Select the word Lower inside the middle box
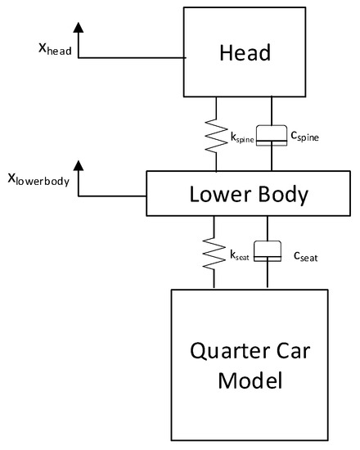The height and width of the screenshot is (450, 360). (214, 195)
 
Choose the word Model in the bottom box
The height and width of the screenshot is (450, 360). (255, 382)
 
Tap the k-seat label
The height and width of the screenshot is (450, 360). (239, 257)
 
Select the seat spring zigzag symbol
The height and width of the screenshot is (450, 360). (214, 251)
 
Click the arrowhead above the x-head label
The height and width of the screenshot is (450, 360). (79, 29)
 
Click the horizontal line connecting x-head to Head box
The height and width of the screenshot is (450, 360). (131, 58)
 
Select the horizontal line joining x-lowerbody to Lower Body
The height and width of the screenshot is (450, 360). (113, 196)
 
